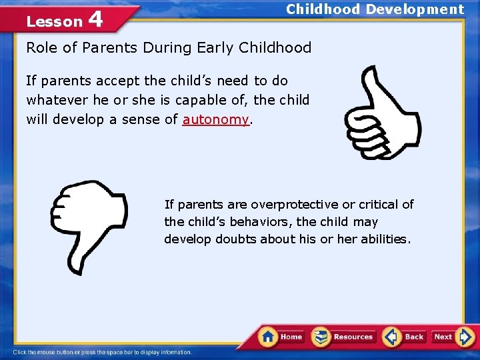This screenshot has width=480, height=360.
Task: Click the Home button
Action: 281,337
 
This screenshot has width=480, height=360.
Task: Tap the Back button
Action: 405,337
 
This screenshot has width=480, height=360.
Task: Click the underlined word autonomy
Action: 215,120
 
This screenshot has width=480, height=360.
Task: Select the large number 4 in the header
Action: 95,19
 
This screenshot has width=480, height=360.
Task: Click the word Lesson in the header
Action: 53,22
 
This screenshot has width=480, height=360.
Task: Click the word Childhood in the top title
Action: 323,9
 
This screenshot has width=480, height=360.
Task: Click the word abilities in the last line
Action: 385,239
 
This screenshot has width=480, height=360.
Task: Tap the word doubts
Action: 237,239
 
